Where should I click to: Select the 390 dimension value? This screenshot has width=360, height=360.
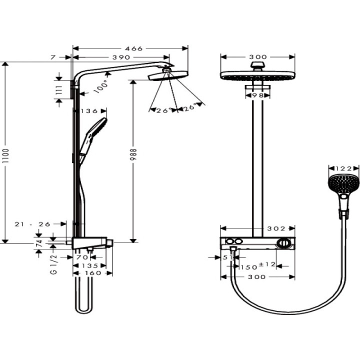[121, 58]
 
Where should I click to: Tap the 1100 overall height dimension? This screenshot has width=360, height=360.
[6, 152]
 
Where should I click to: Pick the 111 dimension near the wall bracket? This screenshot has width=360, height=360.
[59, 90]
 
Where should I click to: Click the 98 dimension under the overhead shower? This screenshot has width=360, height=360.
[258, 95]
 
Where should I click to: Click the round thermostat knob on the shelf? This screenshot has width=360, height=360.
[284, 244]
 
